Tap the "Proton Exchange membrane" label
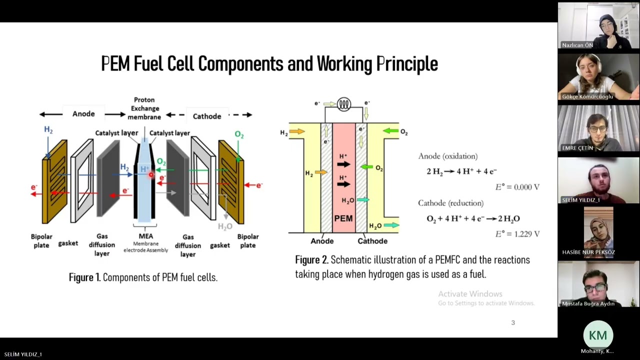tap(144, 108)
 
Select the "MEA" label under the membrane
tap(145, 236)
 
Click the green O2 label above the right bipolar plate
tap(239, 134)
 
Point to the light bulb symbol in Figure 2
tap(344, 104)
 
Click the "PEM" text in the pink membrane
tap(343, 218)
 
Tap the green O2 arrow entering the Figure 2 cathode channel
tap(390, 131)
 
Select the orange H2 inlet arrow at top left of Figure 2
tap(297, 131)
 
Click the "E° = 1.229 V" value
tap(517, 233)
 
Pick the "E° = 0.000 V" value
tap(517, 187)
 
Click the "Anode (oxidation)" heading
tap(447, 156)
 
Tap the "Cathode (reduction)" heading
tap(450, 203)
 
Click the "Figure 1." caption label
tap(84, 277)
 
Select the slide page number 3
tap(512, 322)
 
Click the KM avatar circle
tap(597, 335)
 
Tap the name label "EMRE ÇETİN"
tap(577, 148)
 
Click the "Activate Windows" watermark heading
tap(470, 294)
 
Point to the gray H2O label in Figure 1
tap(225, 226)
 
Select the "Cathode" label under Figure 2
tap(372, 241)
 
